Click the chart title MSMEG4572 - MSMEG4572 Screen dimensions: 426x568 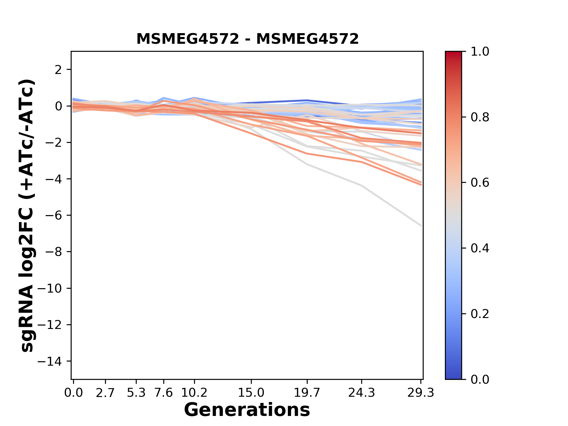click(x=247, y=39)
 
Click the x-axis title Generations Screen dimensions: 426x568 click(x=247, y=410)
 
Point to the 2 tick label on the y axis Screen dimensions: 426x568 click(x=58, y=70)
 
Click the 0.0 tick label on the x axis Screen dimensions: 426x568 click(x=73, y=393)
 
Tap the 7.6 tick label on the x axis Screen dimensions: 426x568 click(x=164, y=393)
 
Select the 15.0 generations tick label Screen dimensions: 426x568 click(x=251, y=393)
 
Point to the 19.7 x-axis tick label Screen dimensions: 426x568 click(x=307, y=393)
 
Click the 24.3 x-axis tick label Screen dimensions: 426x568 click(x=362, y=393)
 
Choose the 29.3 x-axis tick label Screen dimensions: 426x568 click(x=421, y=393)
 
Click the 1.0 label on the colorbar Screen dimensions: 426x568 click(x=480, y=52)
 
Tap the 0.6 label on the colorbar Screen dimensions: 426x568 click(x=480, y=183)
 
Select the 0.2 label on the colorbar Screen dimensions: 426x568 click(x=480, y=314)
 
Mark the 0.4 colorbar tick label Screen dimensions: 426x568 click(x=480, y=248)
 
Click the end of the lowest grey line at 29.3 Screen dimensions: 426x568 click(x=421, y=226)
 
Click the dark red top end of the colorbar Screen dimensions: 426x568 click(x=453, y=53)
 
